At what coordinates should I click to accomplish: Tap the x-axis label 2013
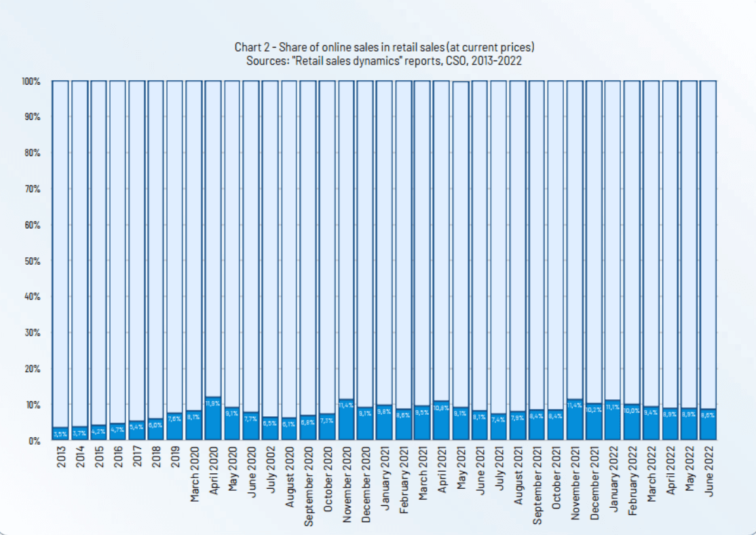tap(61, 458)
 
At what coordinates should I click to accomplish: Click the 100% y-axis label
tap(31, 81)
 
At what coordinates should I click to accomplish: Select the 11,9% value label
tap(213, 403)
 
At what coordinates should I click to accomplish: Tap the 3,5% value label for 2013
tap(60, 433)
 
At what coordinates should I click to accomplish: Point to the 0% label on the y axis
tap(35, 441)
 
